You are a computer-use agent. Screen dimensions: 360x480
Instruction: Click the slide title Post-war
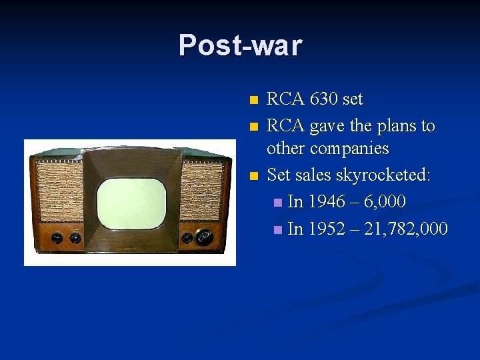[240, 45]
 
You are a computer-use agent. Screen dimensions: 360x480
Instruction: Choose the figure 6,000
[385, 201]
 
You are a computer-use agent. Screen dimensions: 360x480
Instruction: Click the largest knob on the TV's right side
[205, 236]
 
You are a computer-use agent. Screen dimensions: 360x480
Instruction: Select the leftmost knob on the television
[57, 238]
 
